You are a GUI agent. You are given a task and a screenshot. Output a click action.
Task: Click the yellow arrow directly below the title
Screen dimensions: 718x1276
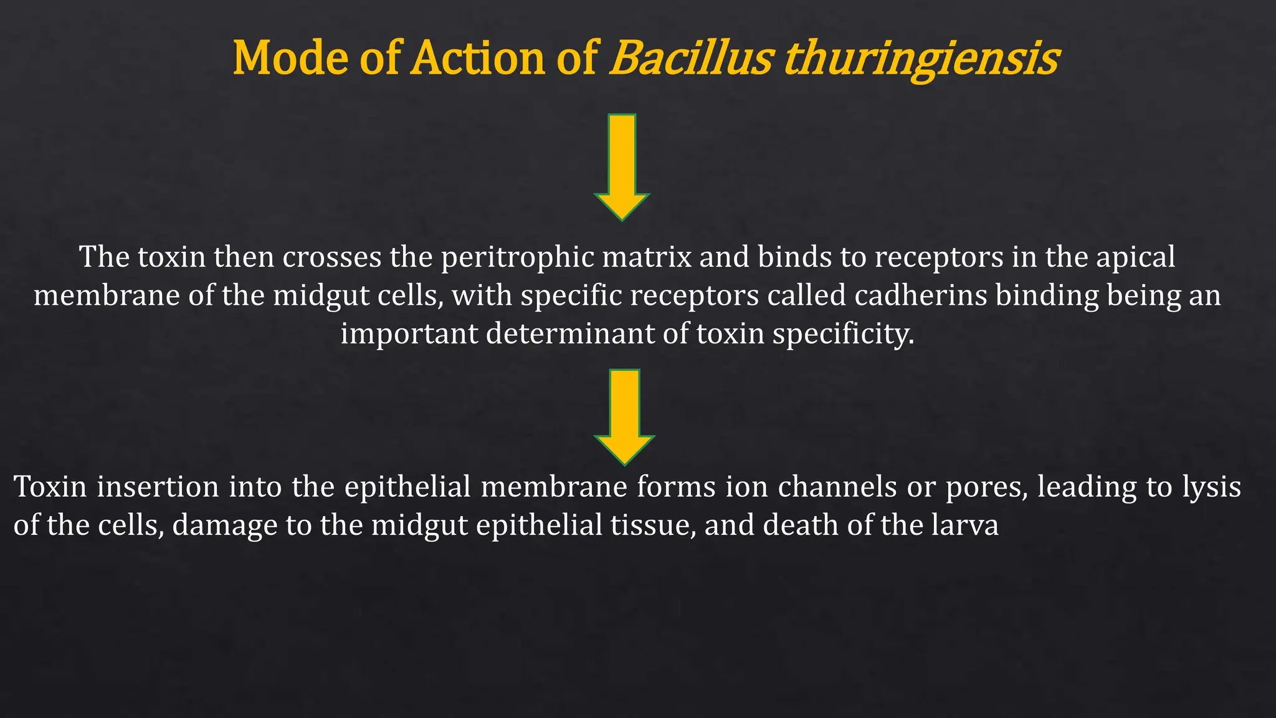(x=622, y=167)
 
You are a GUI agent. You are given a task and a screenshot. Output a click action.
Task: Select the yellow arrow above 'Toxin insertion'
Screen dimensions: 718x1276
(x=624, y=416)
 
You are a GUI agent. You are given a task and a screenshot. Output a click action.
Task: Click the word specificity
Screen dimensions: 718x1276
(x=844, y=335)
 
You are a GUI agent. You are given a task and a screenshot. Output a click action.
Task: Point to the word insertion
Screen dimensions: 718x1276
(x=158, y=487)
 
